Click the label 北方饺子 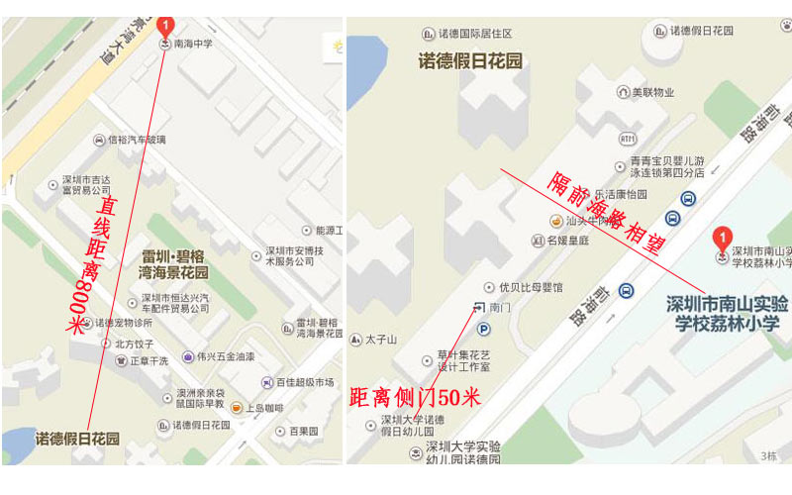(x=135, y=344)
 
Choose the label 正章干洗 (x=148, y=360)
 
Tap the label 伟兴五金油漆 (x=225, y=356)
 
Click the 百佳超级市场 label (x=304, y=382)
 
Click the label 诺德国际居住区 (x=481, y=33)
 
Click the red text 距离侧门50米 (x=415, y=398)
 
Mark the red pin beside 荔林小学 (x=723, y=238)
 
